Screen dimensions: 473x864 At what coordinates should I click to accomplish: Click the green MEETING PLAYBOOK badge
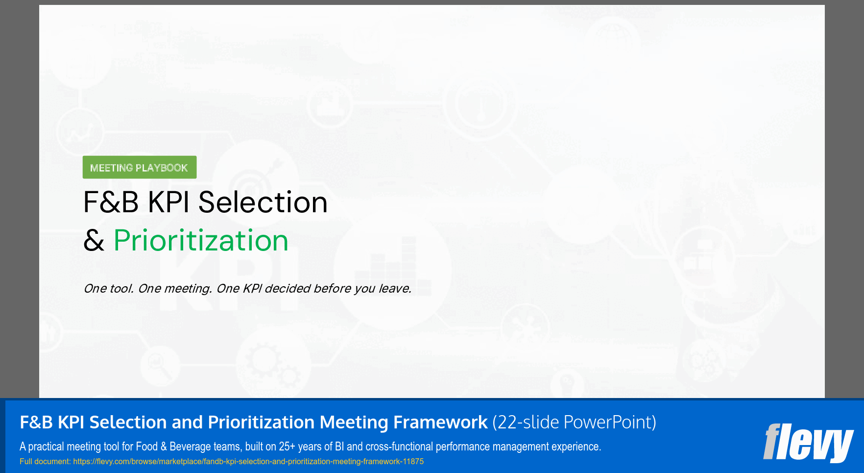pyautogui.click(x=139, y=168)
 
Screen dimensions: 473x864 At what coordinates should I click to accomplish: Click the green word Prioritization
pyautogui.click(x=201, y=241)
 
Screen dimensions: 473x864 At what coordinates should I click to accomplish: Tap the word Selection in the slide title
pyautogui.click(x=263, y=202)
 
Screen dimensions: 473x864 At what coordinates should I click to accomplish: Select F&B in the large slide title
pyautogui.click(x=111, y=202)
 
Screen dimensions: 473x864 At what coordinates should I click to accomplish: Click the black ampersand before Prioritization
pyautogui.click(x=94, y=241)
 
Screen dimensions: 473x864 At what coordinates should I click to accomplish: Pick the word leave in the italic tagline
pyautogui.click(x=394, y=289)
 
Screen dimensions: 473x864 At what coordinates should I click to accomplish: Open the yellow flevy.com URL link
pyautogui.click(x=248, y=462)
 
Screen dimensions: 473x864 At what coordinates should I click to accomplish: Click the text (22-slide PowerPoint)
pyautogui.click(x=574, y=423)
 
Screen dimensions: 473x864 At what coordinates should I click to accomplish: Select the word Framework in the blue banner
pyautogui.click(x=440, y=423)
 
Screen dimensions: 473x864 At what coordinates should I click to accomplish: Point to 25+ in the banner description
pyautogui.click(x=287, y=447)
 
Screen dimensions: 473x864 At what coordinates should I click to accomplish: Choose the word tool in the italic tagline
pyautogui.click(x=121, y=289)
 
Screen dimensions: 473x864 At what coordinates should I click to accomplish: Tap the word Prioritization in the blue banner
pyautogui.click(x=261, y=423)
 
